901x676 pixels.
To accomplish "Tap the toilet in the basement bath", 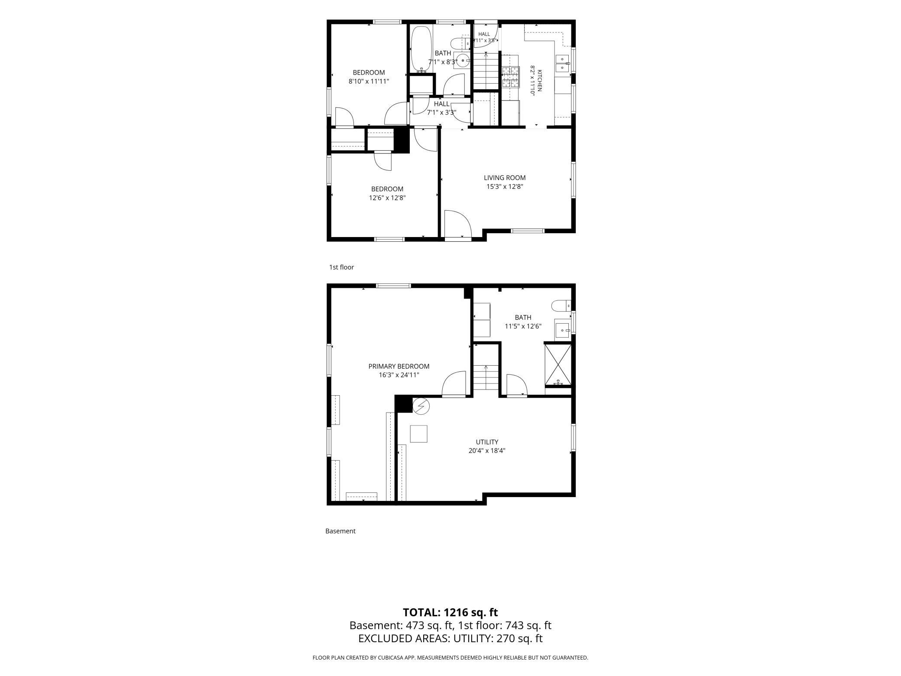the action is [561, 306].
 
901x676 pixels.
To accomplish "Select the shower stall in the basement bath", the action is [558, 364].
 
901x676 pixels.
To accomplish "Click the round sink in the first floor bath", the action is [463, 61].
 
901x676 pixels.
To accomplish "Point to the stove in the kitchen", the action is [510, 78].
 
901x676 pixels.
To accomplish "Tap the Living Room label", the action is [505, 178].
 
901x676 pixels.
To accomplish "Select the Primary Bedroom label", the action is [399, 366].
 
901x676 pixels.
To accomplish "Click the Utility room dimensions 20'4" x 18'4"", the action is [487, 451].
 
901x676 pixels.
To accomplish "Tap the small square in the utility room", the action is [418, 434].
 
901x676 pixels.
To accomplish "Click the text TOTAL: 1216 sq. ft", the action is [450, 612].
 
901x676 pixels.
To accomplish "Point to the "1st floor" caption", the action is [341, 267].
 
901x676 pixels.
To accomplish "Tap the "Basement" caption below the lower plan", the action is [340, 531].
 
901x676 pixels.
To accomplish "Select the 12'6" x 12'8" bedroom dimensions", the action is [387, 198].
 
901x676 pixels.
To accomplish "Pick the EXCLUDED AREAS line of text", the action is [450, 638].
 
